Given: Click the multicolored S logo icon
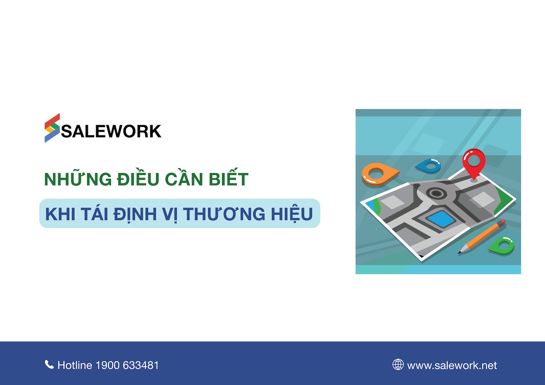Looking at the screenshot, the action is [x=52, y=128].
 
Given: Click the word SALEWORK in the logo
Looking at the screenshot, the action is [x=111, y=131].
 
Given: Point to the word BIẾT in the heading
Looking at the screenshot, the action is [x=229, y=177].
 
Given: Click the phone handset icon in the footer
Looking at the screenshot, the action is [x=49, y=364].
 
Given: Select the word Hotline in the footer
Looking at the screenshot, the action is [x=75, y=365].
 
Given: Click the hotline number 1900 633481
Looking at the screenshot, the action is [x=127, y=365].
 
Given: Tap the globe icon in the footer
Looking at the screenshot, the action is [x=398, y=365].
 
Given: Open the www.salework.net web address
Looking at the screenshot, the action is [x=452, y=365].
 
